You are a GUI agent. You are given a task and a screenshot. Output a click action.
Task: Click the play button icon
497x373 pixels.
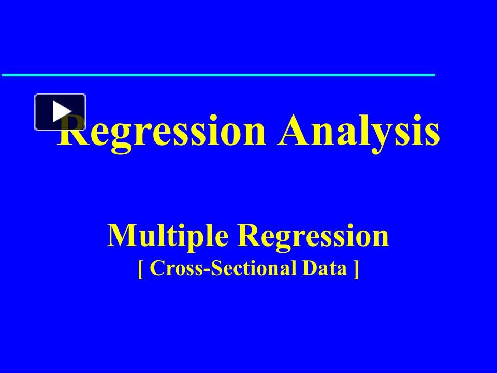point(60,112)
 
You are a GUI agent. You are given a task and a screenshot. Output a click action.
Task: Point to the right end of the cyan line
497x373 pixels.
point(434,75)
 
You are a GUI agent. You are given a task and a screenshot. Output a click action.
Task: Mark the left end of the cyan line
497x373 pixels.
point(3,75)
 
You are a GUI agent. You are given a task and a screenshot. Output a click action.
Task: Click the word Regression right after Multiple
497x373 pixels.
point(313,236)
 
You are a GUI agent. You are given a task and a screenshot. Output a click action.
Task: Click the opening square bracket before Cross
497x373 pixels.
point(141,269)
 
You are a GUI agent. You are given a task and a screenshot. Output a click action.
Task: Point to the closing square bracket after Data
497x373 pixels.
point(356,269)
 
